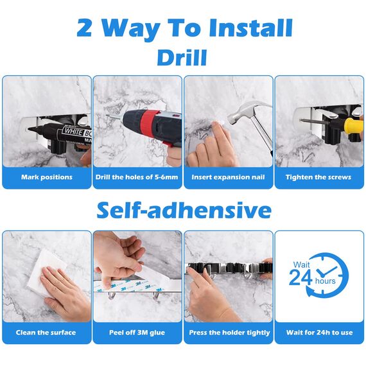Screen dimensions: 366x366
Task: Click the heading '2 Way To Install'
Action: pos(184,28)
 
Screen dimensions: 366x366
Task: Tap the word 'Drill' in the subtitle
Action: pos(182,58)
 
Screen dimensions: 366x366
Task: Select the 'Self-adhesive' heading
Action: pos(184,210)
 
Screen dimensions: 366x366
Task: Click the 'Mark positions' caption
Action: pos(47,177)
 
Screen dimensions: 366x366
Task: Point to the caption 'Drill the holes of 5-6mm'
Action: pos(137,177)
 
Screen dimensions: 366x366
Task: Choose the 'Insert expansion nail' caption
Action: pos(229,177)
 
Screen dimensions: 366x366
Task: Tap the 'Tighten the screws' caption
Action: pos(319,177)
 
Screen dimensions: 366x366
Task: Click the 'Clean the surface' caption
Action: pos(47,333)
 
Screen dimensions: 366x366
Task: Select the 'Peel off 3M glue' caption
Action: pos(137,333)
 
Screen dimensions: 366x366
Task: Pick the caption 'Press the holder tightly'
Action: pos(229,333)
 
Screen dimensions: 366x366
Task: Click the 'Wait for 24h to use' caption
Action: pos(319,333)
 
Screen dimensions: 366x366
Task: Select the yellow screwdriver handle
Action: pos(354,125)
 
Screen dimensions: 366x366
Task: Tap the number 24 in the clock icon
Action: pos(300,277)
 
